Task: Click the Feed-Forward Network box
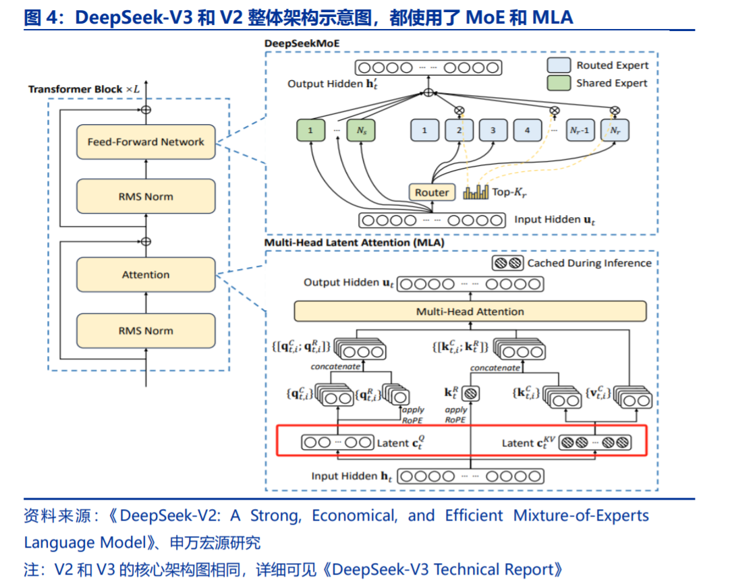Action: click(x=146, y=142)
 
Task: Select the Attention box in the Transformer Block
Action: click(x=146, y=274)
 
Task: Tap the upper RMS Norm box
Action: click(x=146, y=197)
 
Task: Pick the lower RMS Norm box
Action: click(x=146, y=330)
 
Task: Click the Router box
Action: click(x=432, y=192)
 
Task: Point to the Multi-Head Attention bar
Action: click(x=470, y=312)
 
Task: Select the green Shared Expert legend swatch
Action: click(x=559, y=83)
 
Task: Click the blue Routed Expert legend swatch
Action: click(x=559, y=65)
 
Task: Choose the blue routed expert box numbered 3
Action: click(x=493, y=130)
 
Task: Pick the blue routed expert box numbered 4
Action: click(x=528, y=130)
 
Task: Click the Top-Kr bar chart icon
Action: click(x=475, y=192)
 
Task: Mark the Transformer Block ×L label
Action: click(x=85, y=89)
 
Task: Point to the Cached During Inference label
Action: click(x=589, y=263)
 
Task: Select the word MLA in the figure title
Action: click(x=553, y=18)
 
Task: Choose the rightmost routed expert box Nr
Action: click(x=615, y=130)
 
